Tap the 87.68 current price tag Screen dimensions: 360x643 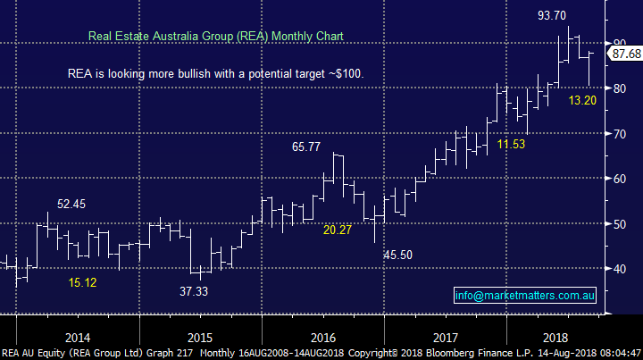[624, 54]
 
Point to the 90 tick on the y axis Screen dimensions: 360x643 [618, 43]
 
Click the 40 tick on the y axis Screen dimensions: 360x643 [618, 269]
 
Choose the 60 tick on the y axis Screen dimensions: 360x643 [618, 179]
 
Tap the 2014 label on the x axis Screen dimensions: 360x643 [77, 338]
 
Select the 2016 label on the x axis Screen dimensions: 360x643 [322, 338]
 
